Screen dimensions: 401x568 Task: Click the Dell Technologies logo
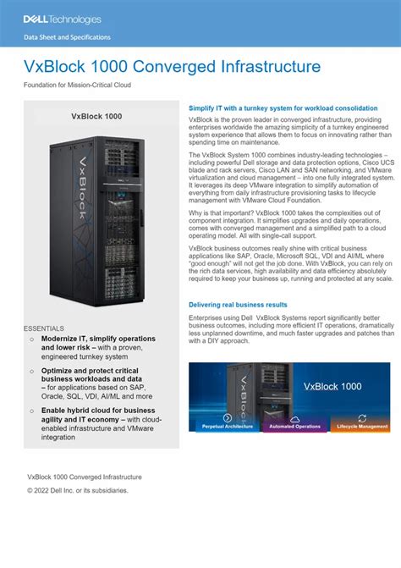(62, 19)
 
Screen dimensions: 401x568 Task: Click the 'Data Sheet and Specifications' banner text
(67, 38)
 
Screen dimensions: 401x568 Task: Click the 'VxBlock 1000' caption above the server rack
(102, 116)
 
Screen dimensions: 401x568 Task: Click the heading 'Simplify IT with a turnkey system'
(283, 109)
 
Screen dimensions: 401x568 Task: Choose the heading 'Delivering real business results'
(238, 305)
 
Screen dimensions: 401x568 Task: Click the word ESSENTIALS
(44, 328)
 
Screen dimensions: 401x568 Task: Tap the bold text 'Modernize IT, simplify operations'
(97, 339)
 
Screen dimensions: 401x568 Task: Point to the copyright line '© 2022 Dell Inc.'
(78, 491)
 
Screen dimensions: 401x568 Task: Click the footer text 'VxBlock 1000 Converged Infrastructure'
(85, 477)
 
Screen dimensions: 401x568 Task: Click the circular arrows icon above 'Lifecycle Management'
(362, 418)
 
